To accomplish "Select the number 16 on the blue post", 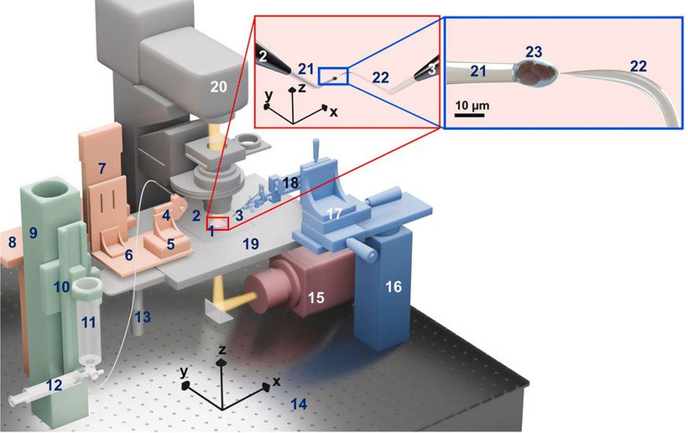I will coord(394,287).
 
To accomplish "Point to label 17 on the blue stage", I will coord(333,215).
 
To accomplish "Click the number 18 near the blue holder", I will coord(290,183).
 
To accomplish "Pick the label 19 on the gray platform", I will coord(249,243).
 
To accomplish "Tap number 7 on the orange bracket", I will coord(102,168).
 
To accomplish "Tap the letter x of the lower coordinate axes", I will coord(277,383).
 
